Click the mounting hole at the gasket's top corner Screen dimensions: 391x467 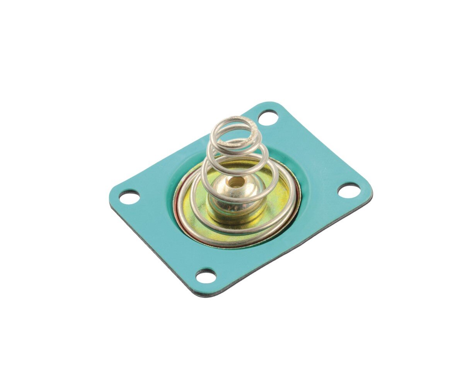coord(268,117)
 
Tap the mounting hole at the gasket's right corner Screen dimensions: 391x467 coord(349,190)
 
